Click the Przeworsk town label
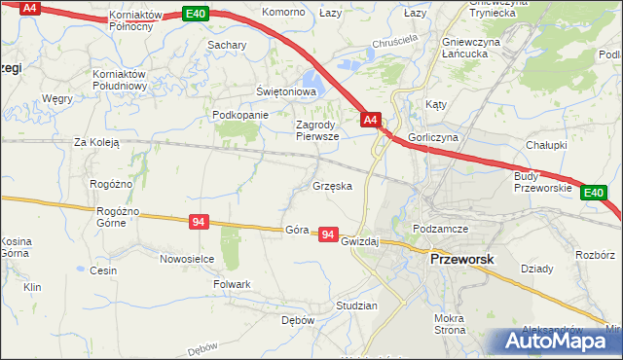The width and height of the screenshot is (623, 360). pyautogui.click(x=463, y=261)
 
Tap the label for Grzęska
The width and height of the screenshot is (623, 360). pyautogui.click(x=332, y=184)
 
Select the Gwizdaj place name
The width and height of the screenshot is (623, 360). pyautogui.click(x=359, y=240)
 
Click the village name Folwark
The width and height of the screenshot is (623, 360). pyautogui.click(x=232, y=284)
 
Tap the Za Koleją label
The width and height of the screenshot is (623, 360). pyautogui.click(x=96, y=142)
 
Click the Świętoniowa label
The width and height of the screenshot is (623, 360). pyautogui.click(x=287, y=91)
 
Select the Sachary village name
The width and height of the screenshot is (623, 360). pyautogui.click(x=226, y=45)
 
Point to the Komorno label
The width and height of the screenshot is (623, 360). pyautogui.click(x=283, y=13)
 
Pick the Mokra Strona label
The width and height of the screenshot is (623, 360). pyautogui.click(x=450, y=324)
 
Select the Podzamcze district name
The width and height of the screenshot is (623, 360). pyautogui.click(x=441, y=228)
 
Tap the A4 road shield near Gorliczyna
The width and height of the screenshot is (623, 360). pyautogui.click(x=370, y=120)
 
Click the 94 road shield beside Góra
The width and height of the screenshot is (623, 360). pyautogui.click(x=328, y=235)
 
